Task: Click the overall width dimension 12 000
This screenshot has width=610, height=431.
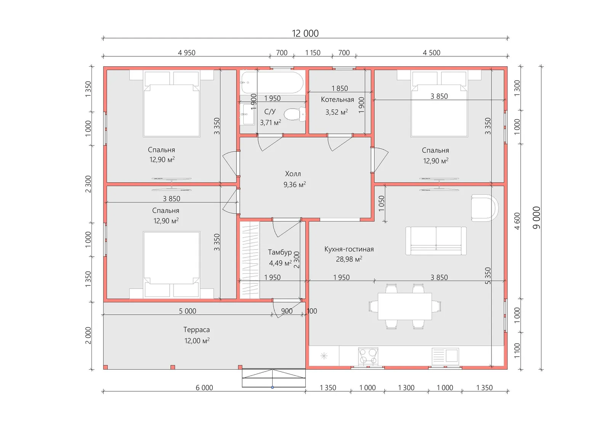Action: coord(305,34)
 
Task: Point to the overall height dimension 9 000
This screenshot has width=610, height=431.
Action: coord(536,218)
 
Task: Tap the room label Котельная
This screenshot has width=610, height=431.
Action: coord(337,99)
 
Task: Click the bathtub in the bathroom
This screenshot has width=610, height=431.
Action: coord(272,82)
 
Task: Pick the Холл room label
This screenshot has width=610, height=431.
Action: coord(293,174)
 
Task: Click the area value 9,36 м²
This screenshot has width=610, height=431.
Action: coord(295,184)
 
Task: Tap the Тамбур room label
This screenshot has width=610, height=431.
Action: coord(280,252)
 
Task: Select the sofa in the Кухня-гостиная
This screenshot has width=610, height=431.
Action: coord(436,241)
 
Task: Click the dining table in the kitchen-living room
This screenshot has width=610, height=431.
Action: coord(405,306)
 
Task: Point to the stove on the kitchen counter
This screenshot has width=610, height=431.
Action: coord(368,356)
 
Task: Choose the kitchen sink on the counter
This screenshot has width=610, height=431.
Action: coord(445,356)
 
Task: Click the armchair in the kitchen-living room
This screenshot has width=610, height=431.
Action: coord(485,208)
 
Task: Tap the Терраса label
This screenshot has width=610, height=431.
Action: coord(196,330)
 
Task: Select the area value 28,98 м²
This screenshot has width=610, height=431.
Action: coord(349,259)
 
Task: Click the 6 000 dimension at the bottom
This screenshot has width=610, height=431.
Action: coord(204,388)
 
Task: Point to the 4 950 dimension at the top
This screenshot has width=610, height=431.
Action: coord(186,53)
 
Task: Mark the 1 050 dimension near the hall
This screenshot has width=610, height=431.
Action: coord(382,203)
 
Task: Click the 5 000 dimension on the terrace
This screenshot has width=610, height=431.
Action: coord(187,311)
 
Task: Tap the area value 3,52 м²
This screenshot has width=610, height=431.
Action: coord(337,112)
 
